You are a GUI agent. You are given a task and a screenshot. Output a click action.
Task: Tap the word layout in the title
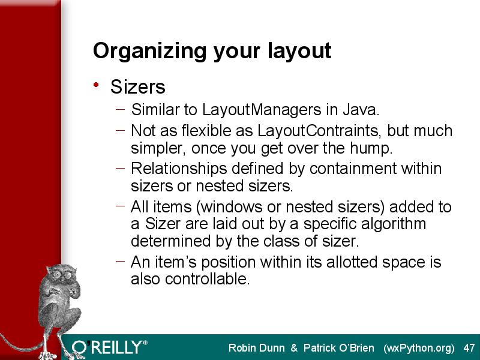[x=299, y=50]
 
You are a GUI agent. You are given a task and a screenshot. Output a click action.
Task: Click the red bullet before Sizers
[x=96, y=85]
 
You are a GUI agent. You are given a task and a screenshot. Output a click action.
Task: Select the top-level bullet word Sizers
[x=138, y=86]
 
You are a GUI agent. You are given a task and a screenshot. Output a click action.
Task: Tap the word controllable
[x=207, y=279]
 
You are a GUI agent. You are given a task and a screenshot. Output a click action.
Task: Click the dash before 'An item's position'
[x=121, y=261]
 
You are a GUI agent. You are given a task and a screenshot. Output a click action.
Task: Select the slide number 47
[x=469, y=348]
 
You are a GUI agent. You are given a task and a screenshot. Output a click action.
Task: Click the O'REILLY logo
[x=109, y=347]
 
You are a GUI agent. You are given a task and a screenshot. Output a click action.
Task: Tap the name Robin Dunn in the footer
[x=257, y=348]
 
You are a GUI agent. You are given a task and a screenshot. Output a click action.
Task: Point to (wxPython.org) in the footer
[x=419, y=349]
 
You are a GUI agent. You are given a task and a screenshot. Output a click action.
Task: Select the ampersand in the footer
[x=294, y=348]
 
